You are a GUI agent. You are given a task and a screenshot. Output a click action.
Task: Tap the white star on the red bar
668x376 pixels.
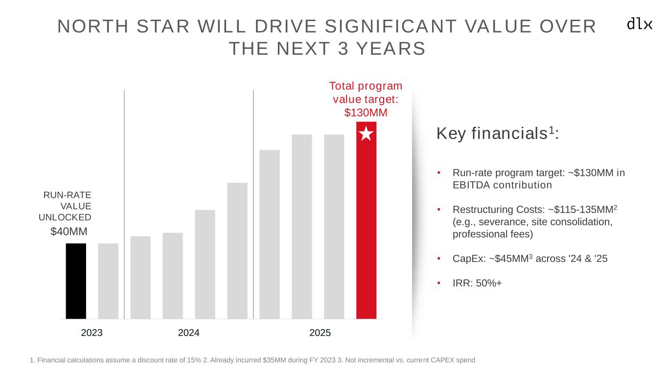click(366, 133)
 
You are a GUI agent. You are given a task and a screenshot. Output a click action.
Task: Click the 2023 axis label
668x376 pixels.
click(92, 333)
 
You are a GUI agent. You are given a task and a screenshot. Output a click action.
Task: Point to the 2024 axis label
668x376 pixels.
click(189, 333)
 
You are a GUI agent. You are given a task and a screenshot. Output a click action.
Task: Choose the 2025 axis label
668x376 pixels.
click(321, 333)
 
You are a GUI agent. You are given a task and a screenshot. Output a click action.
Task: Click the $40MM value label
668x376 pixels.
click(69, 231)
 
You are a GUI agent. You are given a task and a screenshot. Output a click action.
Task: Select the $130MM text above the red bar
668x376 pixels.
click(366, 113)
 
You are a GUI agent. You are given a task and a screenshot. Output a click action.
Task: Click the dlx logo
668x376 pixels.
click(640, 23)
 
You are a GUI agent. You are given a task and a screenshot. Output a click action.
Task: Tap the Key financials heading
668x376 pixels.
click(497, 134)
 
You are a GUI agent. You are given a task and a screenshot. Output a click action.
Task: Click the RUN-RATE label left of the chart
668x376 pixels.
click(68, 195)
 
